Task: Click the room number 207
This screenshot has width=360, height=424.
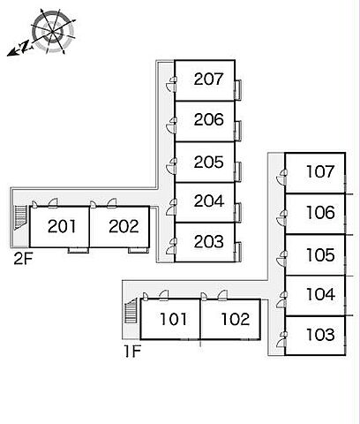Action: (x=208, y=79)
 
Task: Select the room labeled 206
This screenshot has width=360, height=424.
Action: (x=208, y=119)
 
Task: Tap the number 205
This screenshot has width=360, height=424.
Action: (x=208, y=162)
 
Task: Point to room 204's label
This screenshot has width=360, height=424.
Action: (x=209, y=201)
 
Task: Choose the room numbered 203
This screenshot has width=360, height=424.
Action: (x=209, y=241)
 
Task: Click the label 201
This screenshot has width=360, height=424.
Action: (x=62, y=226)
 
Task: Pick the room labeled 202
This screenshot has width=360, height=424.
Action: (x=124, y=226)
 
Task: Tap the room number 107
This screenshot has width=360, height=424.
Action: (x=320, y=171)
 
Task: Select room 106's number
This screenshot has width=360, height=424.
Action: (x=320, y=212)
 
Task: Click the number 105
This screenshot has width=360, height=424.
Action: (x=320, y=255)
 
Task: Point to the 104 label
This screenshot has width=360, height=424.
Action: (x=320, y=294)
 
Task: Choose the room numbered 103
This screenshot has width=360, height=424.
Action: (x=320, y=335)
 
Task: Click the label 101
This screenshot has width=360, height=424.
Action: (x=173, y=320)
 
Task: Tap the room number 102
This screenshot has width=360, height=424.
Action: (x=236, y=320)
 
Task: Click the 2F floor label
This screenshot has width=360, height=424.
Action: (x=23, y=259)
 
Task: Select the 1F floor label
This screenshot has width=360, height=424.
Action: (x=132, y=352)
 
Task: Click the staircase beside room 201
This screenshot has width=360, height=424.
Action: (x=20, y=217)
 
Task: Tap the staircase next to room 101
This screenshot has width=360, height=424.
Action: (x=131, y=311)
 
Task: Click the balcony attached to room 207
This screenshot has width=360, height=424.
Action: (x=238, y=89)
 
